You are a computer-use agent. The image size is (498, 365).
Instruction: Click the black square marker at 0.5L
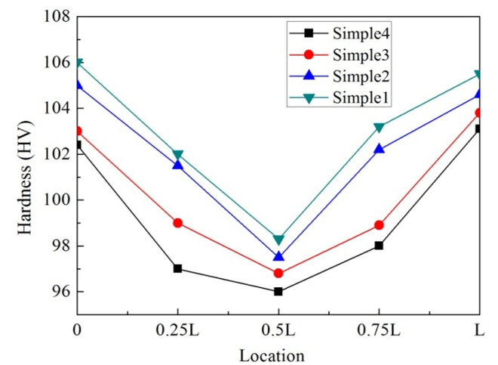278,291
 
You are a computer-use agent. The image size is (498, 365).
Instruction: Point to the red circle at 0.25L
177,223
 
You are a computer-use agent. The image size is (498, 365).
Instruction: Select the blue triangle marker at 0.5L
278,256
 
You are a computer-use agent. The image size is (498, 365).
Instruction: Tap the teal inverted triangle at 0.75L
379,128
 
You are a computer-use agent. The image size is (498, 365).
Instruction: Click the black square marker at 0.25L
177,268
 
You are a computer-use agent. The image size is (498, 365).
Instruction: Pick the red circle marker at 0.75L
379,225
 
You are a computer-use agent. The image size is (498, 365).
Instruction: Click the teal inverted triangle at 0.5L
278,240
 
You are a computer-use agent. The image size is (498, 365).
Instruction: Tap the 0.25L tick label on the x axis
177,331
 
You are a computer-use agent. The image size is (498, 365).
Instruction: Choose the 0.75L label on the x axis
379,331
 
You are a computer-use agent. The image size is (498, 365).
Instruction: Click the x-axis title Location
272,354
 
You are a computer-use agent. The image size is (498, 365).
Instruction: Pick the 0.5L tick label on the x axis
278,331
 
